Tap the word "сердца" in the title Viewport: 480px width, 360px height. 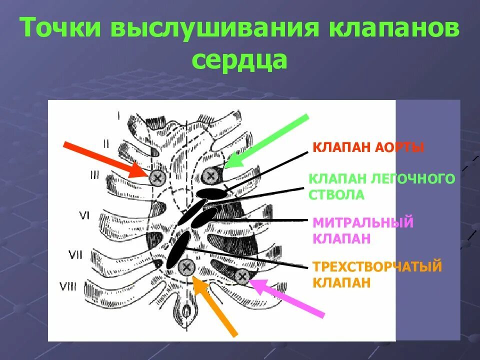point(239,60)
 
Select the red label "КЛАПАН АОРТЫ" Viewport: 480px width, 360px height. point(368,148)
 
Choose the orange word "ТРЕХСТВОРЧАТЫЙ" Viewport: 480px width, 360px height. point(377,266)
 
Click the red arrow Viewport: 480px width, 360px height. point(105,159)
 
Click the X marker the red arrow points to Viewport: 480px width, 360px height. point(157,176)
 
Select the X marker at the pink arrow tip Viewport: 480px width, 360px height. point(241,275)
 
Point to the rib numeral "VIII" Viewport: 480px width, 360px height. point(68,286)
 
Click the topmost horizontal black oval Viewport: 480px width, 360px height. point(211,192)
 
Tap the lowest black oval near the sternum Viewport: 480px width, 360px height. point(178,249)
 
